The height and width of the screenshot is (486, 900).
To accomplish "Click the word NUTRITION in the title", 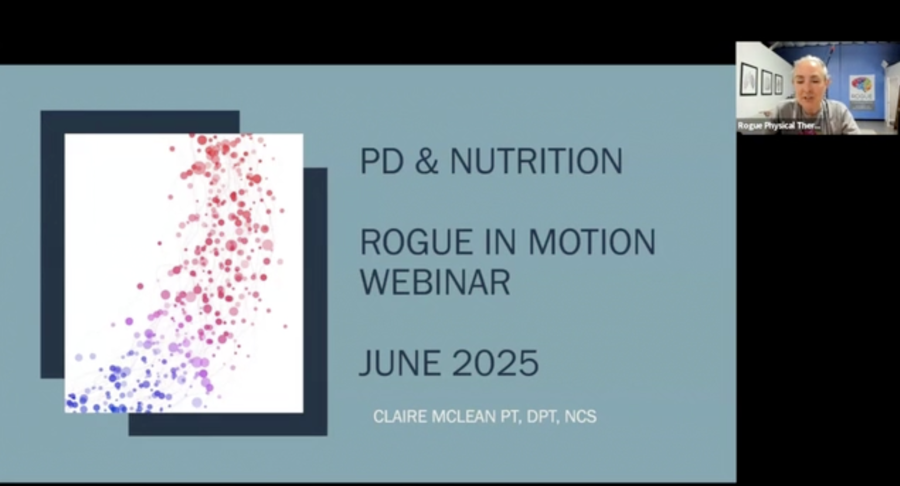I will (536, 161).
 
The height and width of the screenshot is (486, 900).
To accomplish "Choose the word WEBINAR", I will (435, 282).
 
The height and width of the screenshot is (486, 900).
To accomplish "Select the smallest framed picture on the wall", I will (778, 85).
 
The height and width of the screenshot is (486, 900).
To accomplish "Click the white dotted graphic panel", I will (184, 273).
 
